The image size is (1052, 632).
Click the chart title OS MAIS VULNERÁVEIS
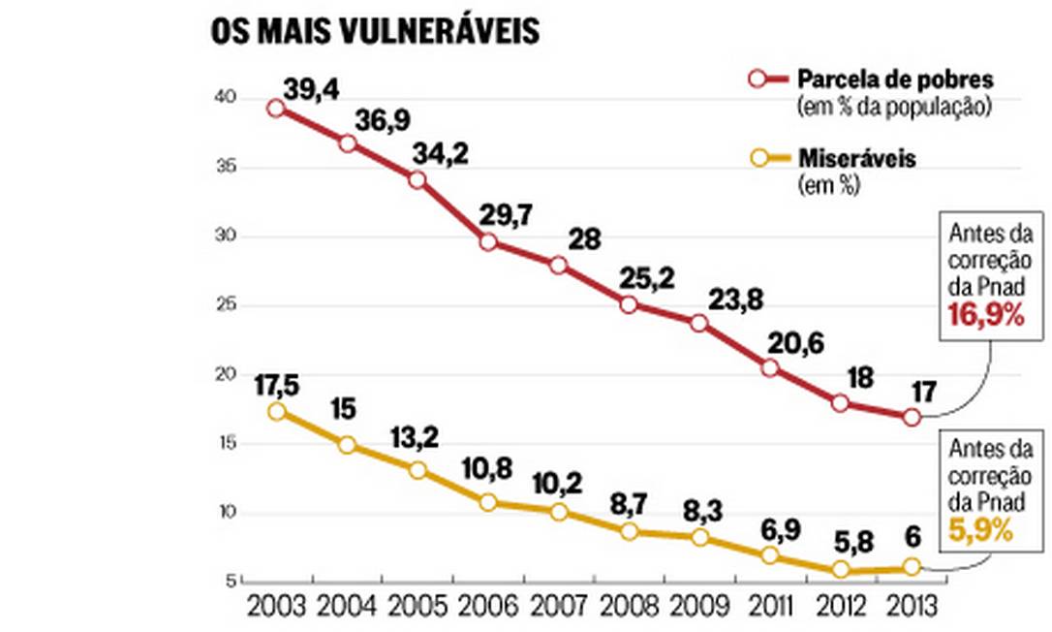(375, 31)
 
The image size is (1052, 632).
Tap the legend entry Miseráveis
(856, 159)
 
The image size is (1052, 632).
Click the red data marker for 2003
(276, 109)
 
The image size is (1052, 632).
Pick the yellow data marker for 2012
(841, 569)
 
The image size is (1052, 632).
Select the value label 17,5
(276, 387)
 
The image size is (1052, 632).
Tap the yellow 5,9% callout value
(980, 531)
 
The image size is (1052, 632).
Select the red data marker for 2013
(912, 417)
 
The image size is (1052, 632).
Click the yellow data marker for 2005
(418, 470)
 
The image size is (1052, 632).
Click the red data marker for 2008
(629, 304)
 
